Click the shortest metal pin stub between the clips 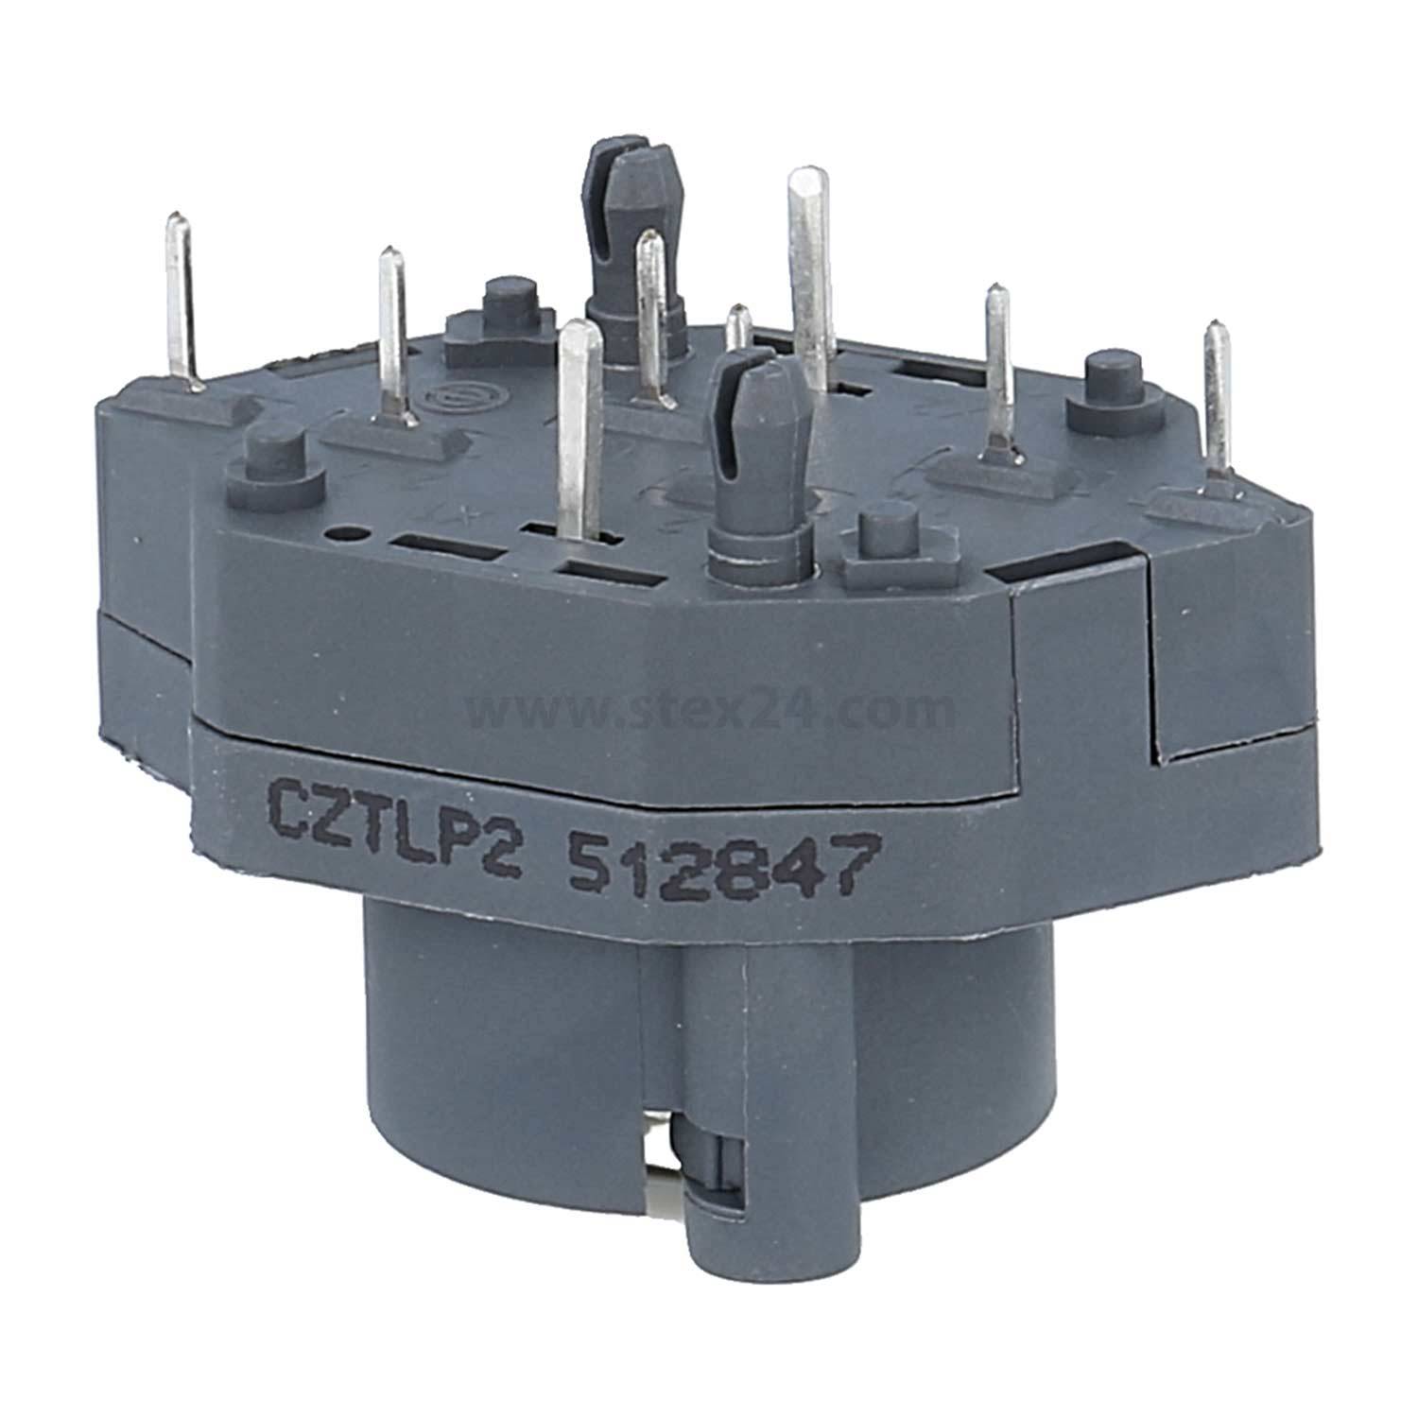click(738, 326)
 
